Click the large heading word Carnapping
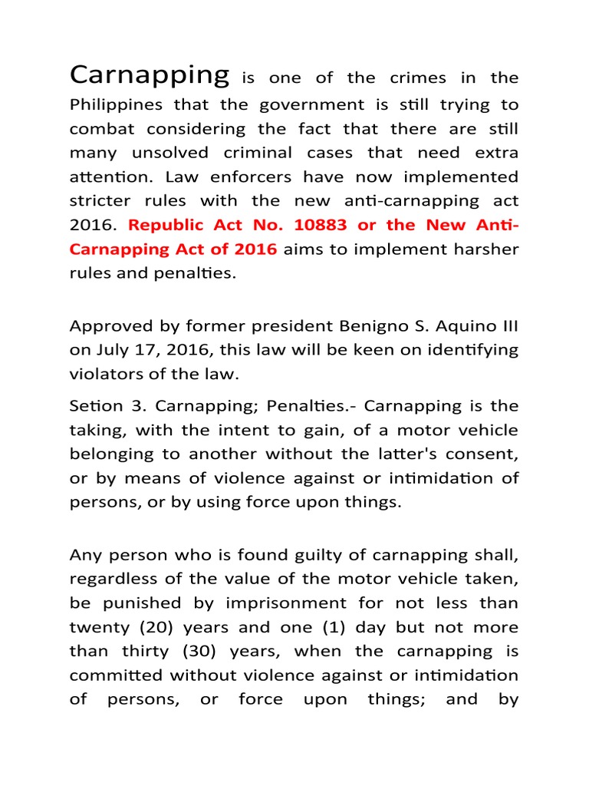coord(149,75)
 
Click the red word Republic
coord(166,225)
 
